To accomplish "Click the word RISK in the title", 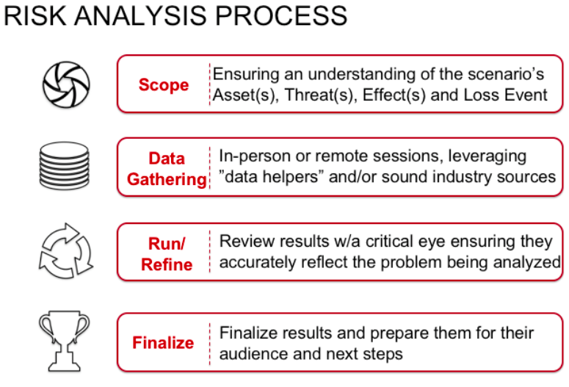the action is pos(35,15).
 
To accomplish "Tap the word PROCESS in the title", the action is pos(281,15).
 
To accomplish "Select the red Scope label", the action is pos(164,85).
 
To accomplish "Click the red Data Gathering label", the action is pos(167,169).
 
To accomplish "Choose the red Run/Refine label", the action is pos(167,254).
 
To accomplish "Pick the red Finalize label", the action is pos(163,342).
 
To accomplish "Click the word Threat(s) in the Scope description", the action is pos(318,95).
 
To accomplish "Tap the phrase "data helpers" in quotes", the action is pos(272,177).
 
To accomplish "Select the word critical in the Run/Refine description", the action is pos(388,242).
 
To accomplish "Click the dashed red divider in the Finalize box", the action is pos(210,344).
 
